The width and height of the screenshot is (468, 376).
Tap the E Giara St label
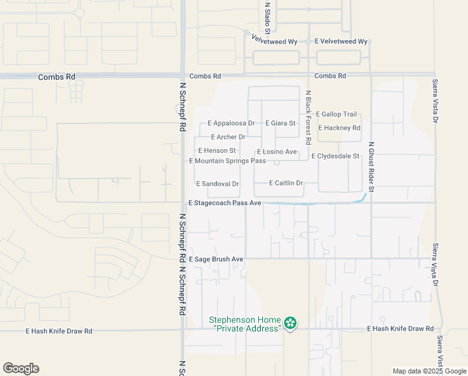(280, 123)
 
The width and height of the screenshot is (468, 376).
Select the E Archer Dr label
(228, 137)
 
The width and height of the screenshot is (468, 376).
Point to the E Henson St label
(216, 150)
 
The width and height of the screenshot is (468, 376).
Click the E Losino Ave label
(277, 152)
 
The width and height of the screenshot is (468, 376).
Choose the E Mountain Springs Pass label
(228, 161)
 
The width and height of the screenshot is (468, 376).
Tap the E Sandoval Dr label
(217, 184)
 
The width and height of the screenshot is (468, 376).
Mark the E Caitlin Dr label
(285, 183)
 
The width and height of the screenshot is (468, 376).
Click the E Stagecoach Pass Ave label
(225, 203)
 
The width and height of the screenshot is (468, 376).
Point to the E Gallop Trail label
(337, 114)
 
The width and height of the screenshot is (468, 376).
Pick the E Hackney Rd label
(339, 128)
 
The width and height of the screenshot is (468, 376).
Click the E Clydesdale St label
(336, 156)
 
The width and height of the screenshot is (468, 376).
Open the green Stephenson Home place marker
(290, 323)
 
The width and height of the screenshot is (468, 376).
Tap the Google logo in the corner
(21, 368)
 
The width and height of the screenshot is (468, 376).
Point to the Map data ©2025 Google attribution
(429, 371)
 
